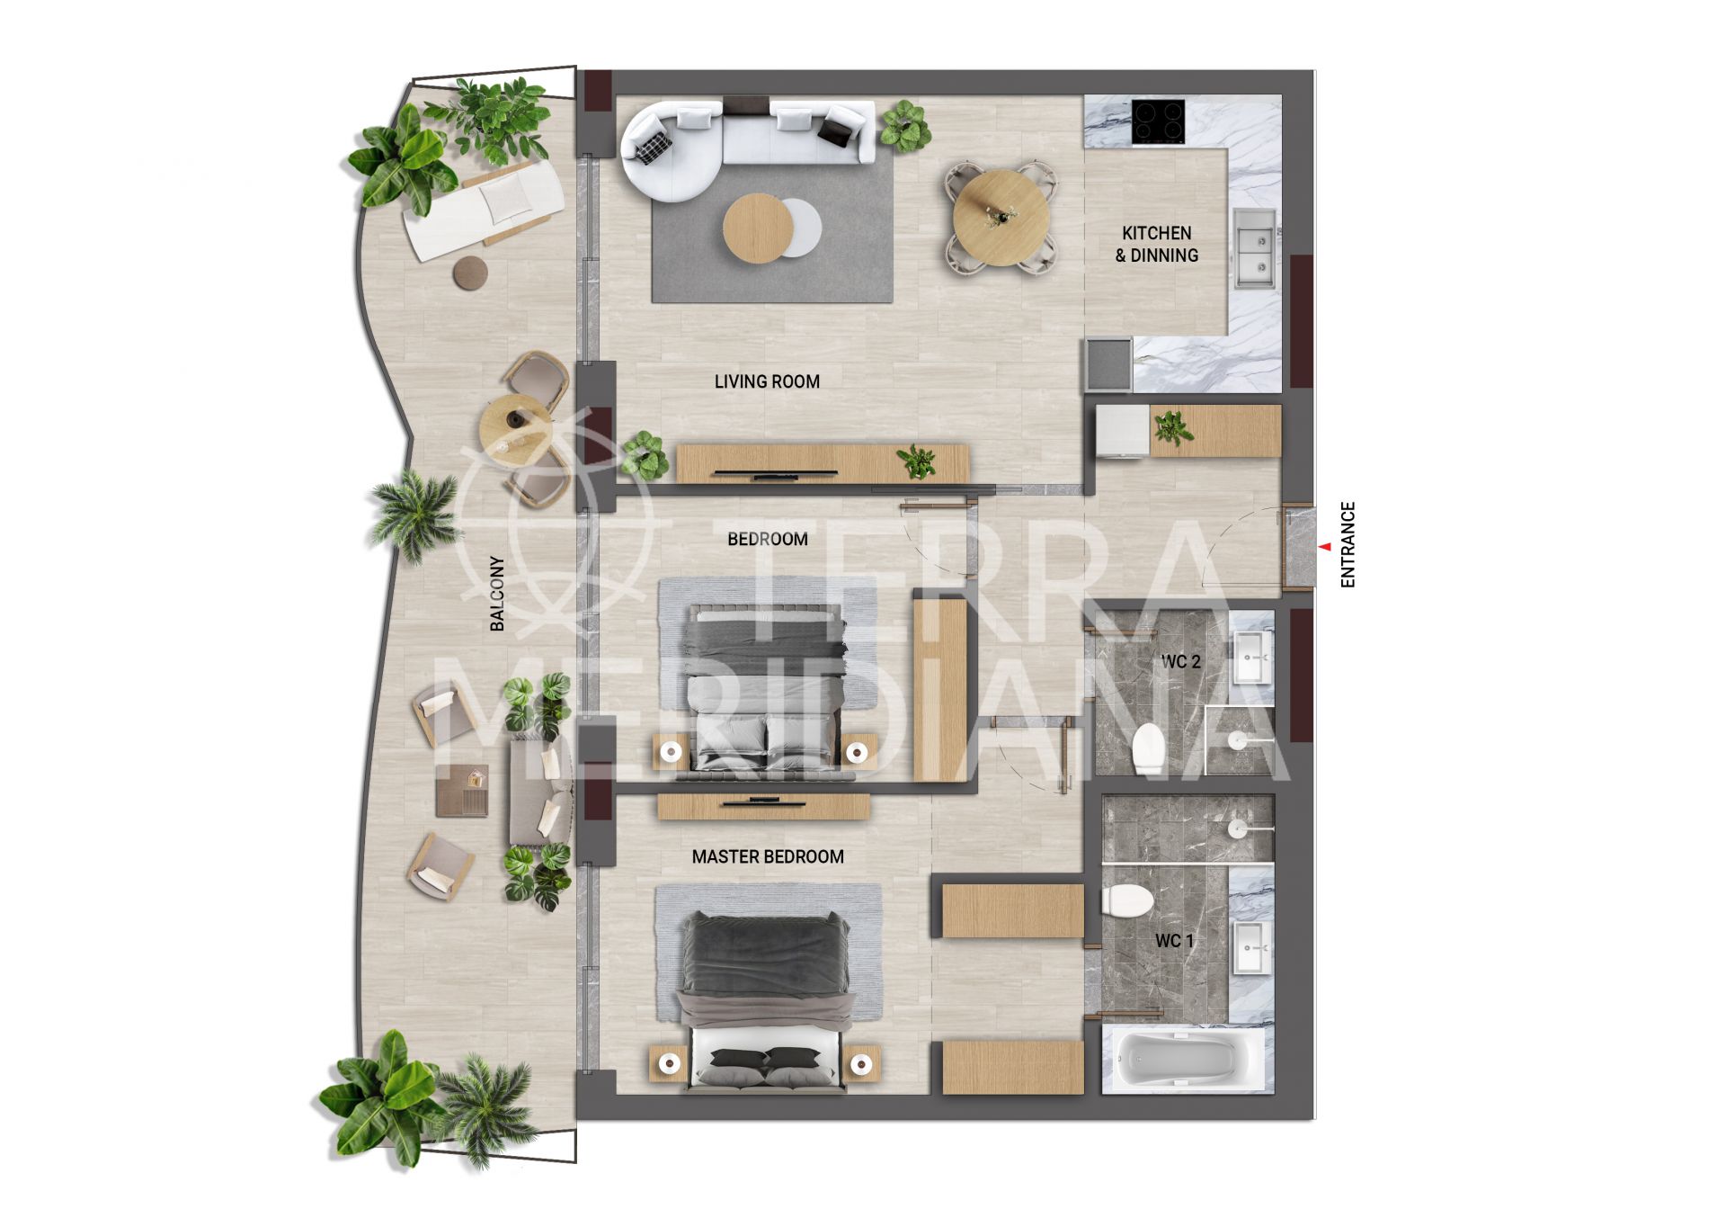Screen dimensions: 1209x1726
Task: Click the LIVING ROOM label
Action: (767, 381)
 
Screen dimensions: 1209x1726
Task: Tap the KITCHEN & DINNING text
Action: (1156, 244)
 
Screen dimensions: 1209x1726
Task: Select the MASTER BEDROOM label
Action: (768, 856)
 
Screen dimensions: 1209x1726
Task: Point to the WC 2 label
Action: (1180, 662)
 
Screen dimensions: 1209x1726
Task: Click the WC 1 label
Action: (1174, 941)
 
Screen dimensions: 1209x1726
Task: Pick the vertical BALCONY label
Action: (497, 593)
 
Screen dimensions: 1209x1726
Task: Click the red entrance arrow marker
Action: (1324, 546)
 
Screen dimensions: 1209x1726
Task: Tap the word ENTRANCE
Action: (1347, 545)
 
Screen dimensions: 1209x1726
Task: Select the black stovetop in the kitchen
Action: (1158, 121)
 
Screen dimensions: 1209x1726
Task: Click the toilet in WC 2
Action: (1148, 748)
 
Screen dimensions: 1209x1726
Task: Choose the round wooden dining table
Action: (1001, 219)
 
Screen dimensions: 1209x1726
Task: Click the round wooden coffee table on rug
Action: (756, 228)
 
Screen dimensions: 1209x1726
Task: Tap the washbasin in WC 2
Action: (1251, 658)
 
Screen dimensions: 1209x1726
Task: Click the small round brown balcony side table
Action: (470, 273)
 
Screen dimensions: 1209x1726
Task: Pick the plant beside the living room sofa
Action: (904, 125)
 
